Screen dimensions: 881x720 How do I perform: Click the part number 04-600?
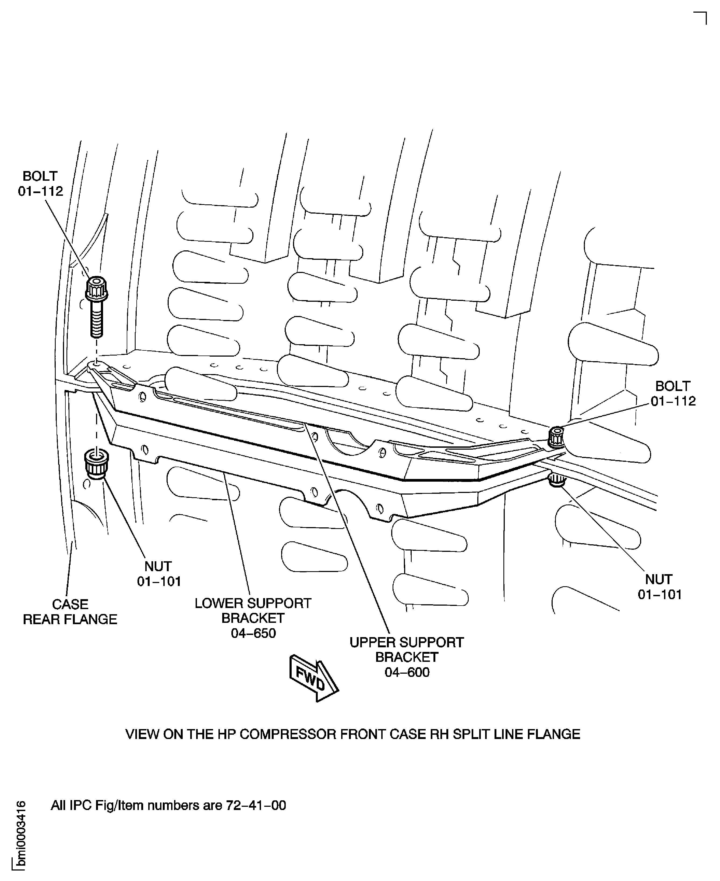pos(407,672)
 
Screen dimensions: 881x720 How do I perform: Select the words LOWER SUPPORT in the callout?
pos(253,603)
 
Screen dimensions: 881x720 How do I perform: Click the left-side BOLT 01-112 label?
pos(40,184)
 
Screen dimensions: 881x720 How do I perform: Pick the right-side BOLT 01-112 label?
pos(673,393)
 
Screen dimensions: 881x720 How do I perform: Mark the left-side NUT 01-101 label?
pos(159,574)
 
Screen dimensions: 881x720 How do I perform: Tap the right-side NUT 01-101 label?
pos(659,587)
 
